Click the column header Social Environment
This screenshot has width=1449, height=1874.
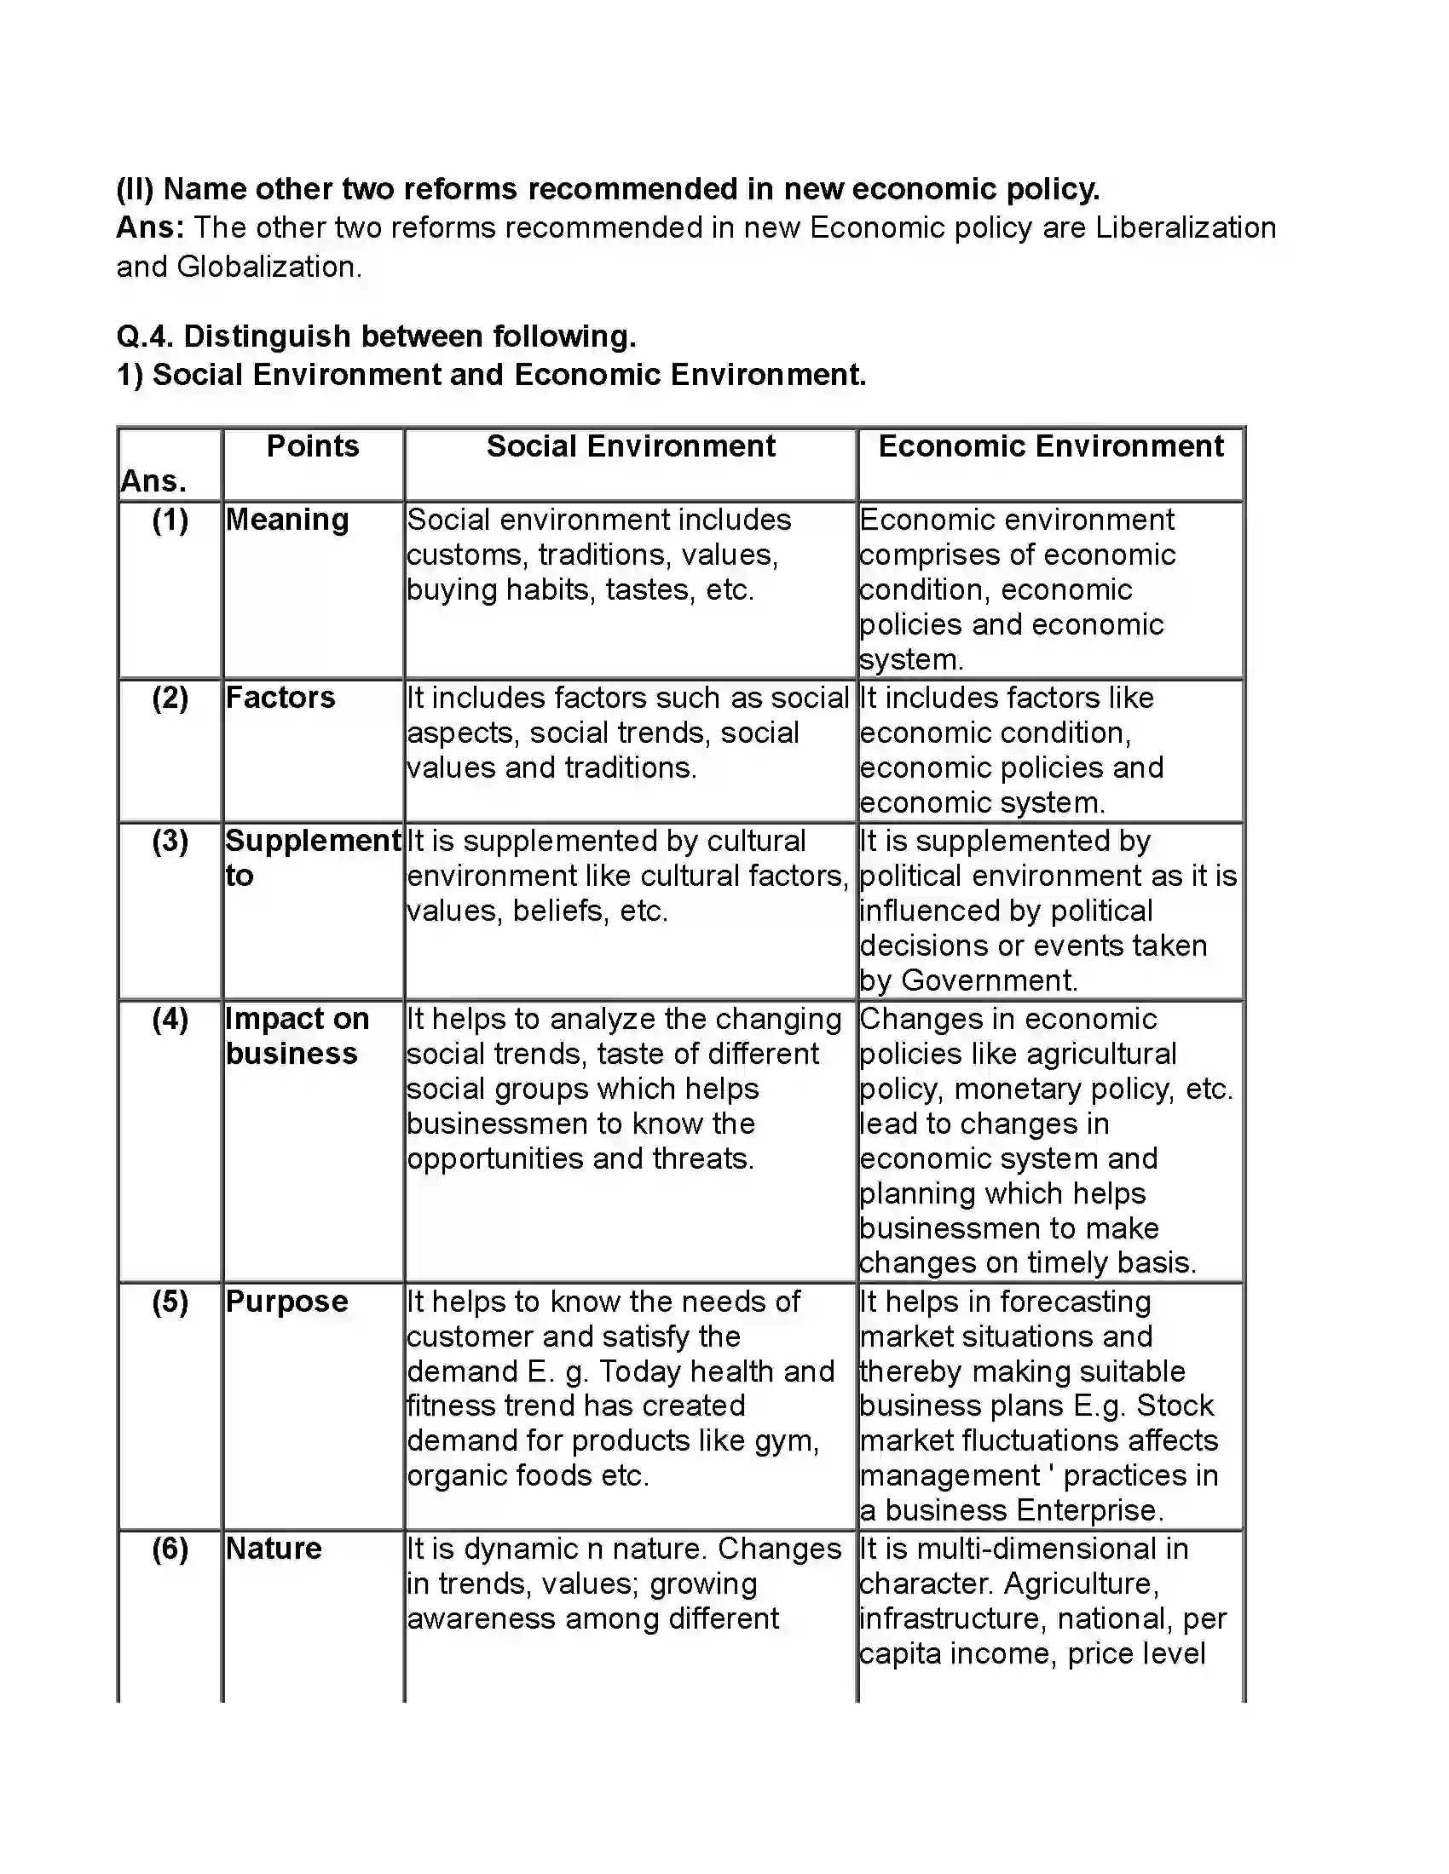[630, 446]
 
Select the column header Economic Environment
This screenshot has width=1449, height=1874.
[1051, 446]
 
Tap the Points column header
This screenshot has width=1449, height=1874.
[313, 446]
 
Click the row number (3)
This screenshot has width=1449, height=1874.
[170, 841]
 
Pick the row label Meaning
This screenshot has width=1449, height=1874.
[286, 520]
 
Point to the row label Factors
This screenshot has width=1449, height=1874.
[280, 698]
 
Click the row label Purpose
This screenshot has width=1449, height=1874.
[286, 1302]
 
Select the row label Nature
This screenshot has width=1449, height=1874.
[273, 1549]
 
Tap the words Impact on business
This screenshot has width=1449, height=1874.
[296, 1036]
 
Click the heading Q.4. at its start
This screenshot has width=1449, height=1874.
[144, 336]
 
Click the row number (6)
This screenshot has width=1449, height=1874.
[170, 1549]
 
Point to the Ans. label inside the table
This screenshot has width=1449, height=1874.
[153, 481]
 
